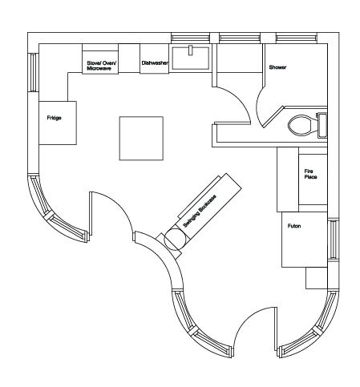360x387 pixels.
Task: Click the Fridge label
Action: (54, 118)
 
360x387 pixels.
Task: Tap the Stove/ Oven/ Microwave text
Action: (101, 66)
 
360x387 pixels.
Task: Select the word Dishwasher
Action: (155, 63)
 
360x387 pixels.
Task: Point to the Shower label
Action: (277, 67)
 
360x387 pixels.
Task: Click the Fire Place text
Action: (310, 174)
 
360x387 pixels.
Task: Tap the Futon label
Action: (294, 226)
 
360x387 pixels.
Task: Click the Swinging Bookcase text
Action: (200, 212)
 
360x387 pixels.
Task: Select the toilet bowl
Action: (302, 125)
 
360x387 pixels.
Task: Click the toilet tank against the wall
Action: (322, 125)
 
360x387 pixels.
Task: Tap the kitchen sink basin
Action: (190, 58)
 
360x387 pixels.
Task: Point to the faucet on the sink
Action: (190, 50)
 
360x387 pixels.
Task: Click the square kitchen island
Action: (141, 139)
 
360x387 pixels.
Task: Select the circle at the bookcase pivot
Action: (174, 240)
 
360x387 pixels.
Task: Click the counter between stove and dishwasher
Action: (129, 58)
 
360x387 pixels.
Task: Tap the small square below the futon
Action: (317, 278)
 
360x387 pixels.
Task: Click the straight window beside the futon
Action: (334, 240)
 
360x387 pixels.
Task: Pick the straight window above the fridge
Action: (34, 72)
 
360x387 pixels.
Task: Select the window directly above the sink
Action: (190, 38)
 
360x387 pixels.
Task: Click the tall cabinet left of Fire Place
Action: (288, 179)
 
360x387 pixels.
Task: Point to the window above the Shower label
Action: (297, 38)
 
